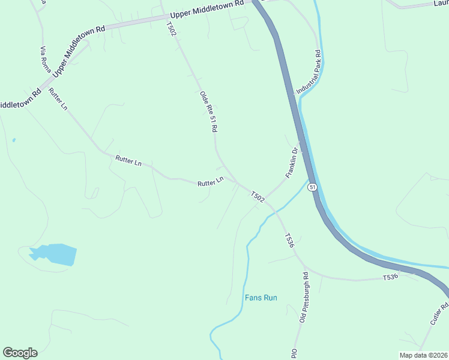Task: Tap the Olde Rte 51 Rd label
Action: tap(208, 112)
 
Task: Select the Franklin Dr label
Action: tap(292, 163)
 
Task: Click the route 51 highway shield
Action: tap(313, 187)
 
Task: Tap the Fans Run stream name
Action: tap(261, 298)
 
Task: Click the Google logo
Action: tap(20, 353)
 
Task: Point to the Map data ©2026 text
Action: tap(424, 355)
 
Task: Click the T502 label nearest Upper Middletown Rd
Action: tap(172, 28)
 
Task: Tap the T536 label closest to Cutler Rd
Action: tap(391, 278)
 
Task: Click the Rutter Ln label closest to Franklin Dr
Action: tap(210, 182)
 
